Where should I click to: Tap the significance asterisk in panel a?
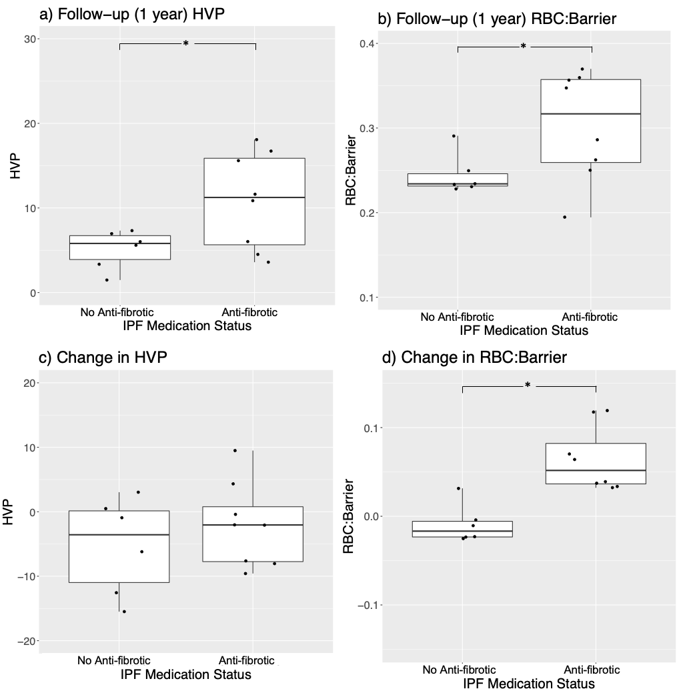186,44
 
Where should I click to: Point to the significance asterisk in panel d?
528,386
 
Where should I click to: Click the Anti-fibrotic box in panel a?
254,201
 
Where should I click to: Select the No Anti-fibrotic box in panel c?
119,546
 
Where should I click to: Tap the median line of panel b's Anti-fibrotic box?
591,114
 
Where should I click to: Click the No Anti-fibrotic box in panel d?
462,529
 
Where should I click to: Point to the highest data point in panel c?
235,450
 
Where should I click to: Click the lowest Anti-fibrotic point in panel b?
565,217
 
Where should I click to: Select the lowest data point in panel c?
124,611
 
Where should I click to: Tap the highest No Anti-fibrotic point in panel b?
454,136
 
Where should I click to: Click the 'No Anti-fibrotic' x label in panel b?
458,316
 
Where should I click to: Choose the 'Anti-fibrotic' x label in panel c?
246,660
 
